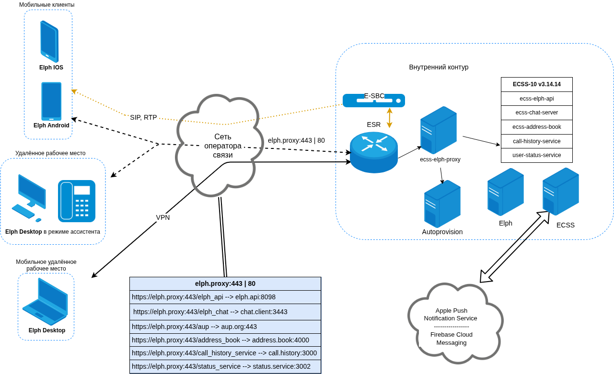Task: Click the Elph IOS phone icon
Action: (x=49, y=41)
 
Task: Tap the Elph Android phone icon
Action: (x=51, y=101)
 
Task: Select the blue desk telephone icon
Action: (x=77, y=201)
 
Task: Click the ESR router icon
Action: (x=374, y=152)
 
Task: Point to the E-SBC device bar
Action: (x=374, y=101)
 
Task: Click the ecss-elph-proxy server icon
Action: (x=439, y=130)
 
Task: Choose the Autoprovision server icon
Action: (x=442, y=204)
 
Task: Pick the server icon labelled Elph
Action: (x=505, y=192)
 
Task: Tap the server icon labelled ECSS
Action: (x=560, y=192)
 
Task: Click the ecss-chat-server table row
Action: (x=536, y=113)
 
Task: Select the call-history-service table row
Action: (x=536, y=141)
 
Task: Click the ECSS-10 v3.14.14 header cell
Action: (x=536, y=84)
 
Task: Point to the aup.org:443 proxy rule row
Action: (x=225, y=327)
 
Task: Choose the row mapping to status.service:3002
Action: (x=225, y=366)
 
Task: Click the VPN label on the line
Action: (x=163, y=217)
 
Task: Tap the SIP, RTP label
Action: (x=143, y=117)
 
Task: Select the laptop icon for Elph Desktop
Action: (x=45, y=302)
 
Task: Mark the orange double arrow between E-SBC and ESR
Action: (x=390, y=118)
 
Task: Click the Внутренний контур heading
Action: (x=439, y=67)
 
